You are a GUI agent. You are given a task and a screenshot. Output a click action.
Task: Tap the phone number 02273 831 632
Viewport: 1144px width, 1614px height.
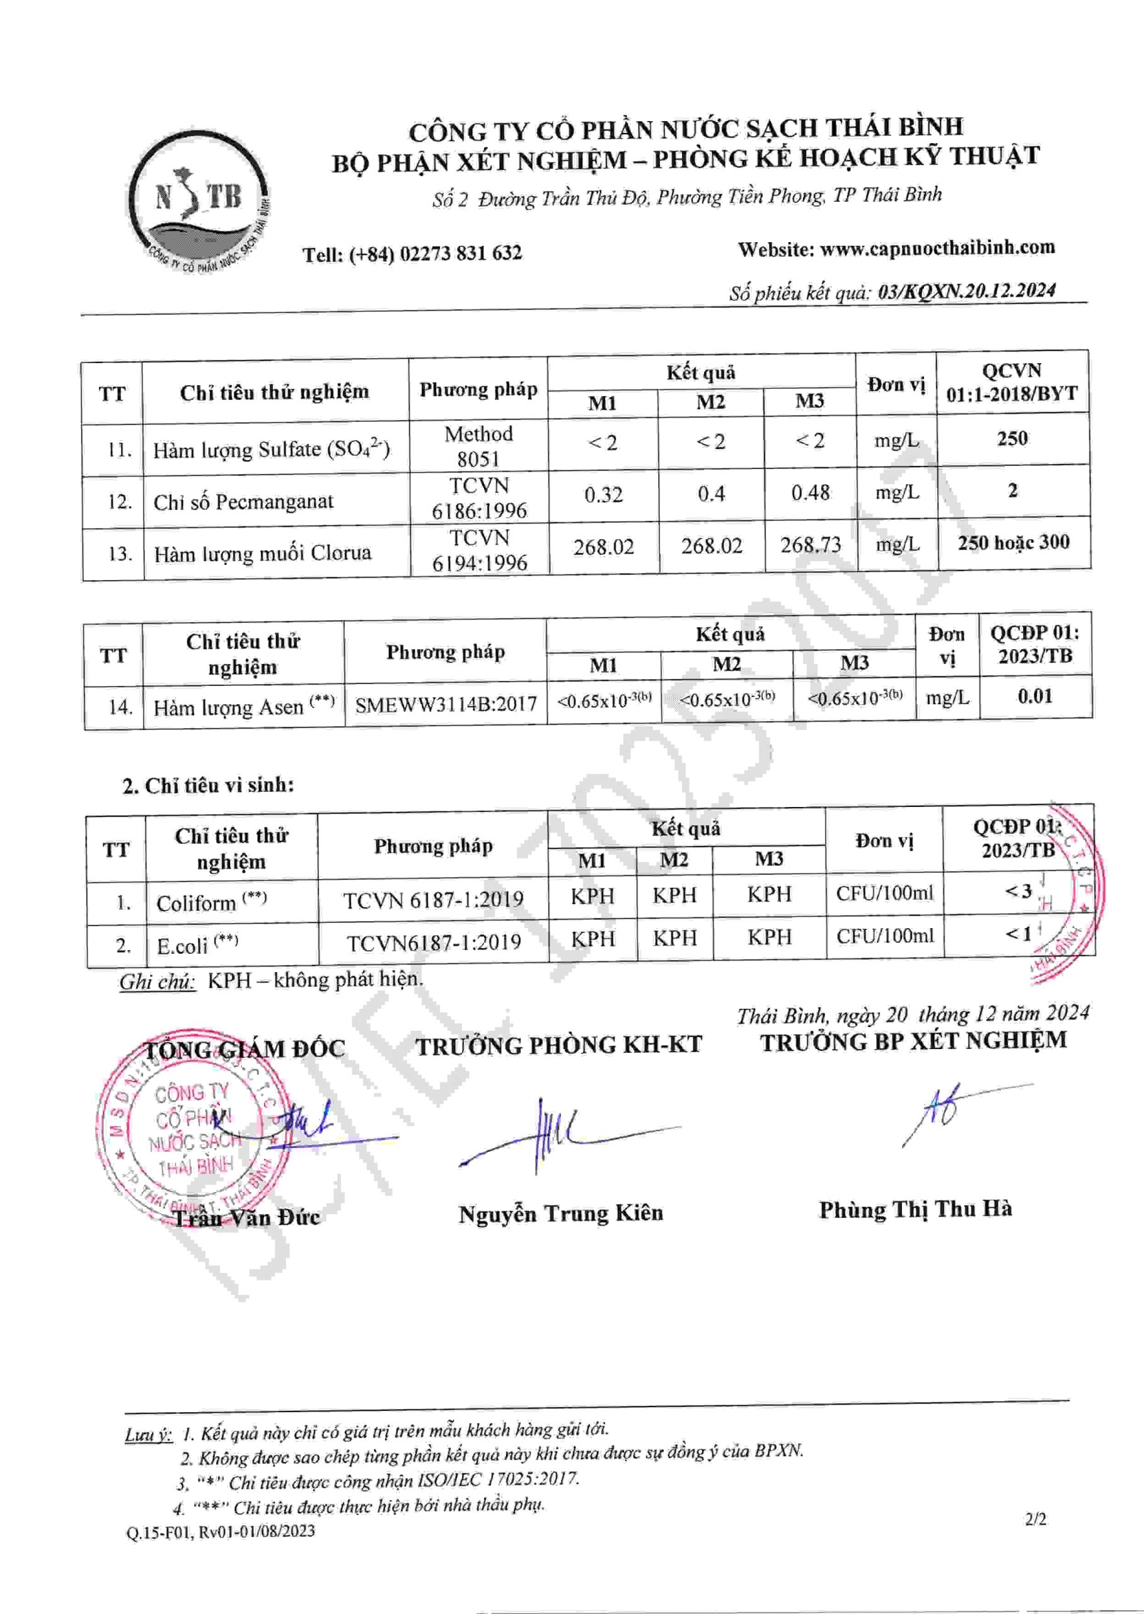[460, 253]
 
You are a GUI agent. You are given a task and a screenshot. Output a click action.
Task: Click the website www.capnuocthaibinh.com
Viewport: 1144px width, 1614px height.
[937, 248]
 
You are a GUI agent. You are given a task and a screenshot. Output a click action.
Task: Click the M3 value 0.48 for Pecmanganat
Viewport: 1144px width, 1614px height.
[810, 492]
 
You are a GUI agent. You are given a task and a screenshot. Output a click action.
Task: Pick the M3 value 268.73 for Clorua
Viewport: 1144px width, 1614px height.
[810, 545]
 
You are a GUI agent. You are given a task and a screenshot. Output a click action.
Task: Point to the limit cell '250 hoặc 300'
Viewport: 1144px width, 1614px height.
[1013, 542]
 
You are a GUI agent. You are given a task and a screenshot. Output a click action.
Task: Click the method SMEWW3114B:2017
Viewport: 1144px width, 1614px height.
[445, 704]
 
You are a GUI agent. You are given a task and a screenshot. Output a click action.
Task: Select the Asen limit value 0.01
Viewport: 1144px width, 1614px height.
[1034, 697]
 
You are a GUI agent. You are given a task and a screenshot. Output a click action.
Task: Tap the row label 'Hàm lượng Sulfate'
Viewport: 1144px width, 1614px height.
[271, 450]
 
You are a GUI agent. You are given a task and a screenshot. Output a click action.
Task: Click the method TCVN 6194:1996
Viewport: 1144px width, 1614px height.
[479, 550]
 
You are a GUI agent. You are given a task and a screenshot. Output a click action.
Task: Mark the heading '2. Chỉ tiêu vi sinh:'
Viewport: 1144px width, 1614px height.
[208, 786]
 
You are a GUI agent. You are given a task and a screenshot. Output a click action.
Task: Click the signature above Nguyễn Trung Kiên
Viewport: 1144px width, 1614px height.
[557, 1135]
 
